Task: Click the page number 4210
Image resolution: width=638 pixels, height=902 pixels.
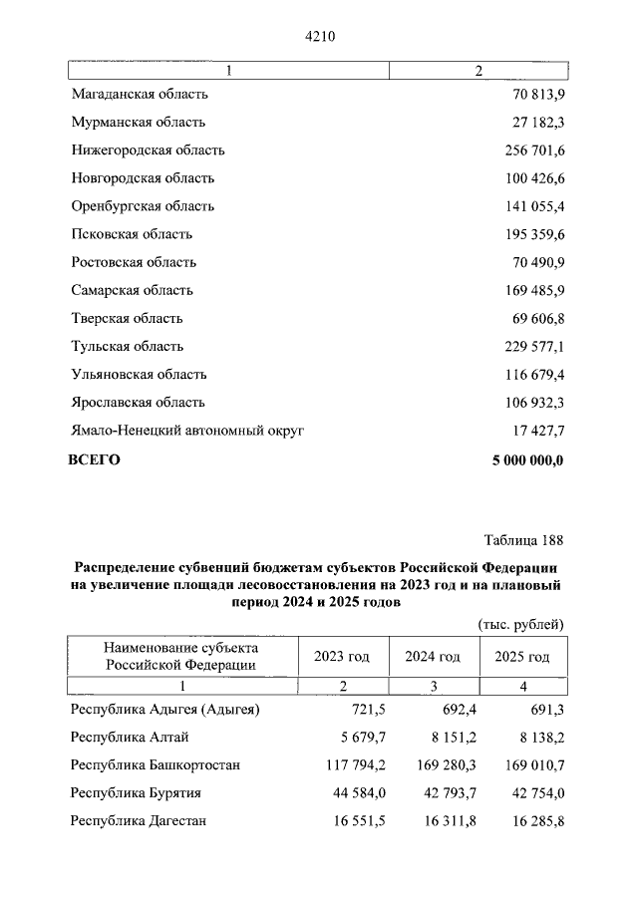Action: [319, 37]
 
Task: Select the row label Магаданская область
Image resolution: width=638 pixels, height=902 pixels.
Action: [140, 95]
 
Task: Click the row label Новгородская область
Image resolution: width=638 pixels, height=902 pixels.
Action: [143, 178]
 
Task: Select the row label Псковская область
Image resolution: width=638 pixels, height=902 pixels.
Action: [132, 234]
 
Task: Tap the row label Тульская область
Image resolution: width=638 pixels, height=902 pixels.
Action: [128, 346]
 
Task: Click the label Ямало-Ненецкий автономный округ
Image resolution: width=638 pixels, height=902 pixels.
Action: [187, 430]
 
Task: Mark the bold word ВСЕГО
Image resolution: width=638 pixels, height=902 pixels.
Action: [94, 459]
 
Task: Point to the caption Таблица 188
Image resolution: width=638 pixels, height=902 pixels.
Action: [523, 541]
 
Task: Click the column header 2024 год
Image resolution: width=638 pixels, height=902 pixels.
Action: [433, 657]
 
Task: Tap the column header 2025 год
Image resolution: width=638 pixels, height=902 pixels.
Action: [522, 657]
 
